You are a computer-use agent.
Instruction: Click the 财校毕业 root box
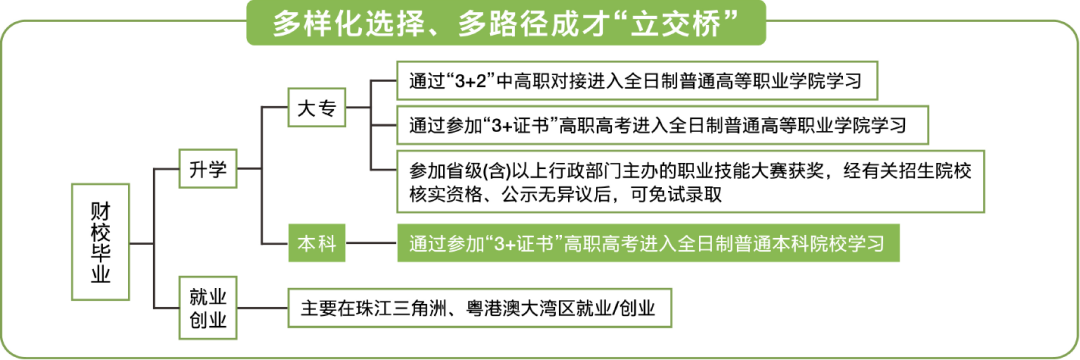[x=101, y=242]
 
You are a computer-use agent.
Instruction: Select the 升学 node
[x=207, y=167]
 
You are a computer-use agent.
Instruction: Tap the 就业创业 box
[x=207, y=308]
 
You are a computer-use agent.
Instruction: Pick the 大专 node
[x=317, y=107]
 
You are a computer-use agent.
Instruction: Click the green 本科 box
[x=317, y=243]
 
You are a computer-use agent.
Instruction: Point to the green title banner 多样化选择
[x=506, y=23]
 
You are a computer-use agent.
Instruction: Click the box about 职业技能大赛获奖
[x=690, y=181]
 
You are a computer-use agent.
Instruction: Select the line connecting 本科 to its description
[x=371, y=243]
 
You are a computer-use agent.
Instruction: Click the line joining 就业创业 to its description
[x=262, y=308]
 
